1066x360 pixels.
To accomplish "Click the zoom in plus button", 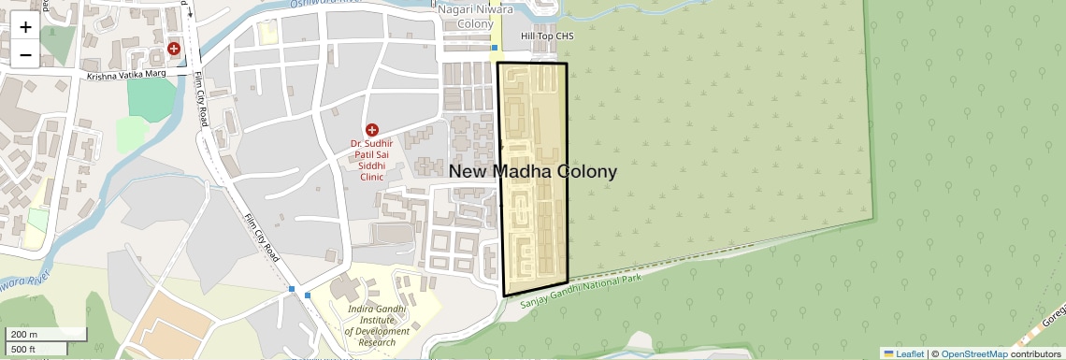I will (x=25, y=27).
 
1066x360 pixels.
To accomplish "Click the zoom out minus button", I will (x=25, y=54).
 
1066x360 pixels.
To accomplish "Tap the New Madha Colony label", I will (x=533, y=172).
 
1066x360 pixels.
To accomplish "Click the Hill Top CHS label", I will (x=547, y=37).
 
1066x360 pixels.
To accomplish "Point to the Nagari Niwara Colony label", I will (x=471, y=14).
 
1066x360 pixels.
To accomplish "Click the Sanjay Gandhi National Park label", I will (x=581, y=284).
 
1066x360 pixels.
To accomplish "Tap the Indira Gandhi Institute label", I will (x=377, y=324).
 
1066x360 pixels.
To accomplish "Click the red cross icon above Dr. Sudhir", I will (x=372, y=129).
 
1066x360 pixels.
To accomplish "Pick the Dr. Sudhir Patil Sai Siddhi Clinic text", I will (x=372, y=160).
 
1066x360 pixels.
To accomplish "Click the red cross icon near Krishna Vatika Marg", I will (x=173, y=48).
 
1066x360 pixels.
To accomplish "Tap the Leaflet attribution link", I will (x=903, y=353).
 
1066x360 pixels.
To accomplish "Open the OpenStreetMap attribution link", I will (x=973, y=353).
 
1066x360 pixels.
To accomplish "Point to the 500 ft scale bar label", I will (x=24, y=349).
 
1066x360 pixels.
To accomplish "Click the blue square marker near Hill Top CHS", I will (x=495, y=46).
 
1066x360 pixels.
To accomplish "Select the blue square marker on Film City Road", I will (x=294, y=290).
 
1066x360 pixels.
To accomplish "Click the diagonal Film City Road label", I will (x=262, y=238).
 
